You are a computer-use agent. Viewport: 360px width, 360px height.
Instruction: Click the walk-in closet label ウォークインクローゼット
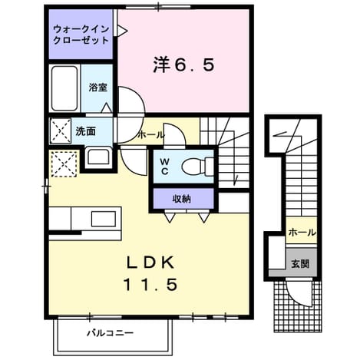tap(81, 35)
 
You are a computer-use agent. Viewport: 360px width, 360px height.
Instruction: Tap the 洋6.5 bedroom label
tap(183, 65)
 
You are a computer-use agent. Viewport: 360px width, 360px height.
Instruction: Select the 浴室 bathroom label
tap(97, 88)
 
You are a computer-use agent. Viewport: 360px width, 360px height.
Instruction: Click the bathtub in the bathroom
tap(64, 88)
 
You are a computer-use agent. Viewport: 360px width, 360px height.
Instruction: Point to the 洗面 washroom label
tap(85, 131)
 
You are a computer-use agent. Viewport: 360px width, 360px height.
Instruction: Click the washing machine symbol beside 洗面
tap(61, 130)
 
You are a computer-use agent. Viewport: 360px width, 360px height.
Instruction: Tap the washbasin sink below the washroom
tap(98, 157)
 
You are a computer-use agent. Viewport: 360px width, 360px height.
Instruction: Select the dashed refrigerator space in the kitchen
tap(64, 163)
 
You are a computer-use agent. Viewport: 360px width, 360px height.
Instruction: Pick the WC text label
tap(164, 167)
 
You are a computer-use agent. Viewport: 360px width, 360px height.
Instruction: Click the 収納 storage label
tap(182, 199)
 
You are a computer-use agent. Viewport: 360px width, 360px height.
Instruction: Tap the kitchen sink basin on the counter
tap(104, 219)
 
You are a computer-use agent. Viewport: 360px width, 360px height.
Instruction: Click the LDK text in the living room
tap(151, 263)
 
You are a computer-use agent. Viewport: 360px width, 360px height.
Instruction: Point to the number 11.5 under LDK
tap(150, 285)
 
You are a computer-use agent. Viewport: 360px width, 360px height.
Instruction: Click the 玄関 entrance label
tap(300, 264)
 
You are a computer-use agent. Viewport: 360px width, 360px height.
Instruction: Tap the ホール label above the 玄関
tap(302, 233)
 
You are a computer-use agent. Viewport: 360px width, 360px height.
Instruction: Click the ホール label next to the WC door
tap(150, 134)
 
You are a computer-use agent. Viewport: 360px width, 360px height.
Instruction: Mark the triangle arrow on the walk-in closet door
tap(122, 31)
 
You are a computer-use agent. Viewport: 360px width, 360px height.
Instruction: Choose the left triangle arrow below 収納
tap(170, 217)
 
